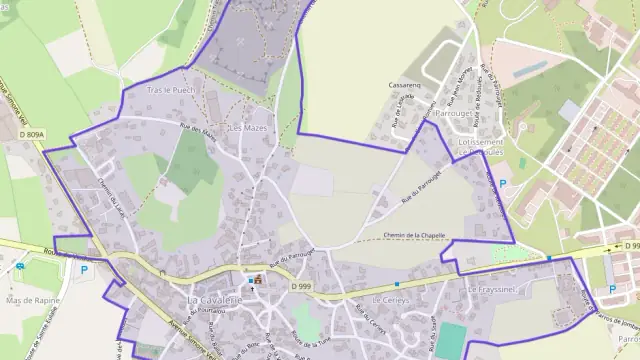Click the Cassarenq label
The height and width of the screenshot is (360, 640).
pyautogui.click(x=405, y=86)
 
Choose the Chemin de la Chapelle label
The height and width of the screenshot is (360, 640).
pyautogui.click(x=414, y=236)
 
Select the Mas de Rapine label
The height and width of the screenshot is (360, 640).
pyautogui.click(x=33, y=299)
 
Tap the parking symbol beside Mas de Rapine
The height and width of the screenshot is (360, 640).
pyautogui.click(x=84, y=269)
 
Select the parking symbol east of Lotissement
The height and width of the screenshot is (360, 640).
pyautogui.click(x=502, y=183)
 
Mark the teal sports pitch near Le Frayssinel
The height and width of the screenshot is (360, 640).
pyautogui.click(x=451, y=341)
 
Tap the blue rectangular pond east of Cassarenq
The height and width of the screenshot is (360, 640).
pyautogui.click(x=529, y=69)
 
